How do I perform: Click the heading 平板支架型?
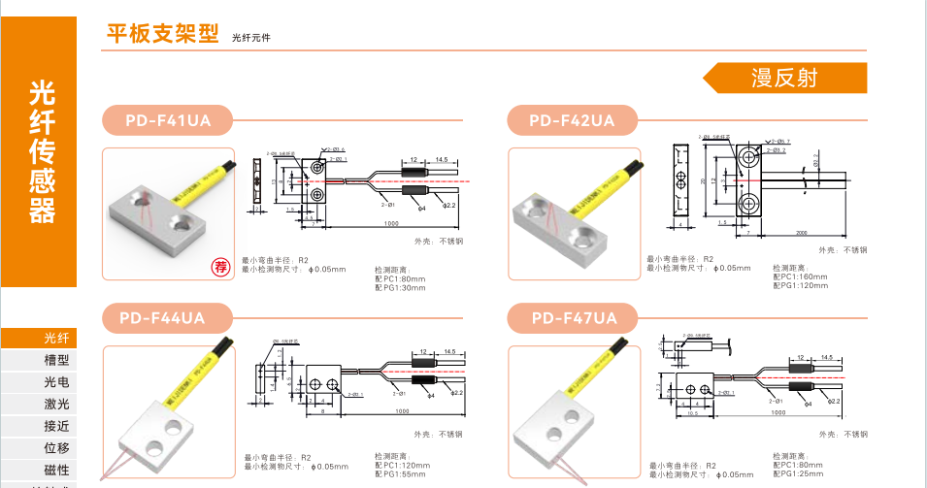(162, 34)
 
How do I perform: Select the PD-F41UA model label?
(167, 120)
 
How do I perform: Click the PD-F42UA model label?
(572, 120)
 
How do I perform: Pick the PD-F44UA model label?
(163, 317)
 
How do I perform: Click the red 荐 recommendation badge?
(221, 267)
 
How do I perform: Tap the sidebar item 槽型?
(56, 360)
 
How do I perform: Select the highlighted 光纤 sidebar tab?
(56, 338)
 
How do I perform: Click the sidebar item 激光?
(56, 404)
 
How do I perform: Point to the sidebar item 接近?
(56, 426)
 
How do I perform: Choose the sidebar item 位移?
(56, 448)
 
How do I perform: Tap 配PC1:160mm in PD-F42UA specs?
(801, 277)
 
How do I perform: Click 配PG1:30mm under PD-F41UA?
(399, 287)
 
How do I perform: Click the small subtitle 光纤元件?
(250, 38)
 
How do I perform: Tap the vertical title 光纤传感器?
(43, 151)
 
